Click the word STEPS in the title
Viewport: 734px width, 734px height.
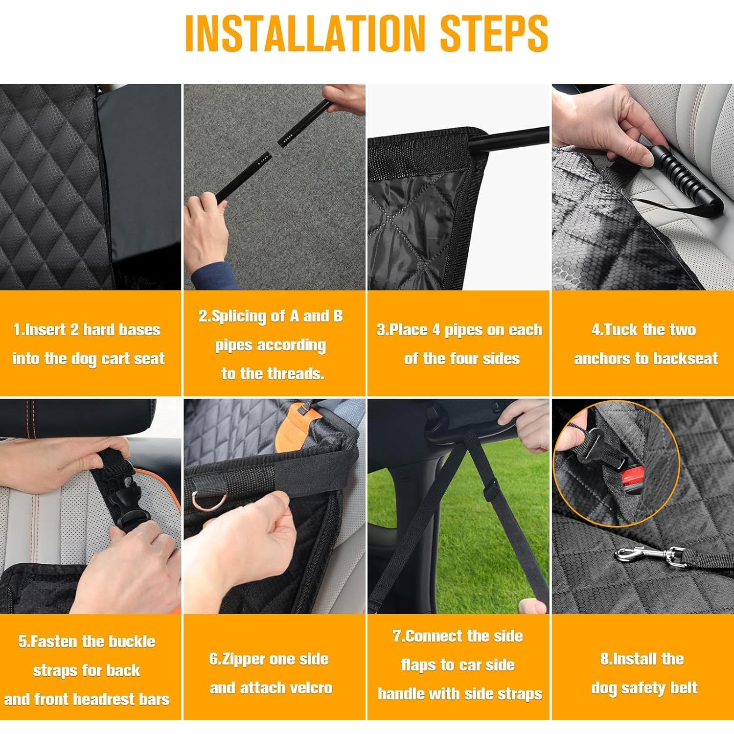click(494, 33)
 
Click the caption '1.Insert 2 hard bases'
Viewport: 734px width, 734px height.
click(87, 330)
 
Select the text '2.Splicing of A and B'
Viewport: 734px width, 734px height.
click(271, 316)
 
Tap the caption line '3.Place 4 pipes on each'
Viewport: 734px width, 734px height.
click(459, 330)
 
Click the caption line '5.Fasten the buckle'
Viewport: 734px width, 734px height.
click(87, 642)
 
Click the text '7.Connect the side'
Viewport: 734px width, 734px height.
click(458, 636)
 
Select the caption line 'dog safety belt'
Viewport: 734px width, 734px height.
click(644, 688)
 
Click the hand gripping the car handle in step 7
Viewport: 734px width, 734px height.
click(524, 423)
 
